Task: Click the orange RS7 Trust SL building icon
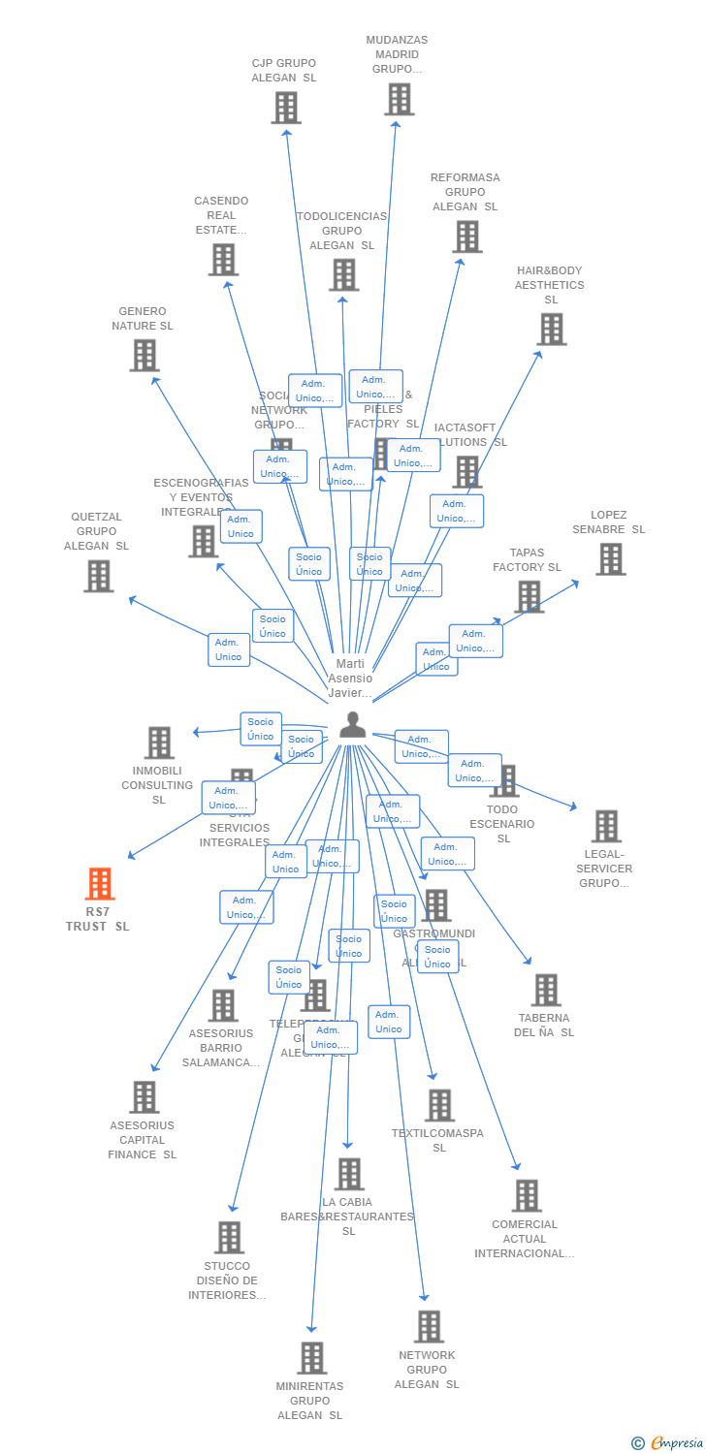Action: click(x=99, y=884)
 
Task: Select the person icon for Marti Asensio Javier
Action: click(x=352, y=724)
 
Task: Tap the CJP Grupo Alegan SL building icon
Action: click(x=285, y=108)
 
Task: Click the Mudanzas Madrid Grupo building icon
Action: click(x=399, y=99)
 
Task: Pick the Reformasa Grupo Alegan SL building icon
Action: click(x=466, y=237)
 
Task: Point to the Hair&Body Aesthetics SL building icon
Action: click(x=551, y=330)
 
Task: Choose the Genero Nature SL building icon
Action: click(x=144, y=356)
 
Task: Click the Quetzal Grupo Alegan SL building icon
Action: click(x=98, y=576)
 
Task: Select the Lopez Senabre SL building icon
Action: click(x=610, y=559)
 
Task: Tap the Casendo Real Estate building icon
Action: click(x=223, y=260)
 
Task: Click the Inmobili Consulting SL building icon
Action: click(x=159, y=743)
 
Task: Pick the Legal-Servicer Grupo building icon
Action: click(x=606, y=826)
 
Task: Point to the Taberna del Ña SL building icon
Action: click(x=546, y=991)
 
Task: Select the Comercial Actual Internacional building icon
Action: click(x=526, y=1196)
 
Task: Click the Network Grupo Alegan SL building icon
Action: click(x=428, y=1327)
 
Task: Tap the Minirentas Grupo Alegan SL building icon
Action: click(x=311, y=1358)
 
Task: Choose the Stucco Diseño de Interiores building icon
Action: click(x=229, y=1238)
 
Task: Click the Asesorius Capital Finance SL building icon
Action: click(x=144, y=1097)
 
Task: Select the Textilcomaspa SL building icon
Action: click(x=439, y=1105)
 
